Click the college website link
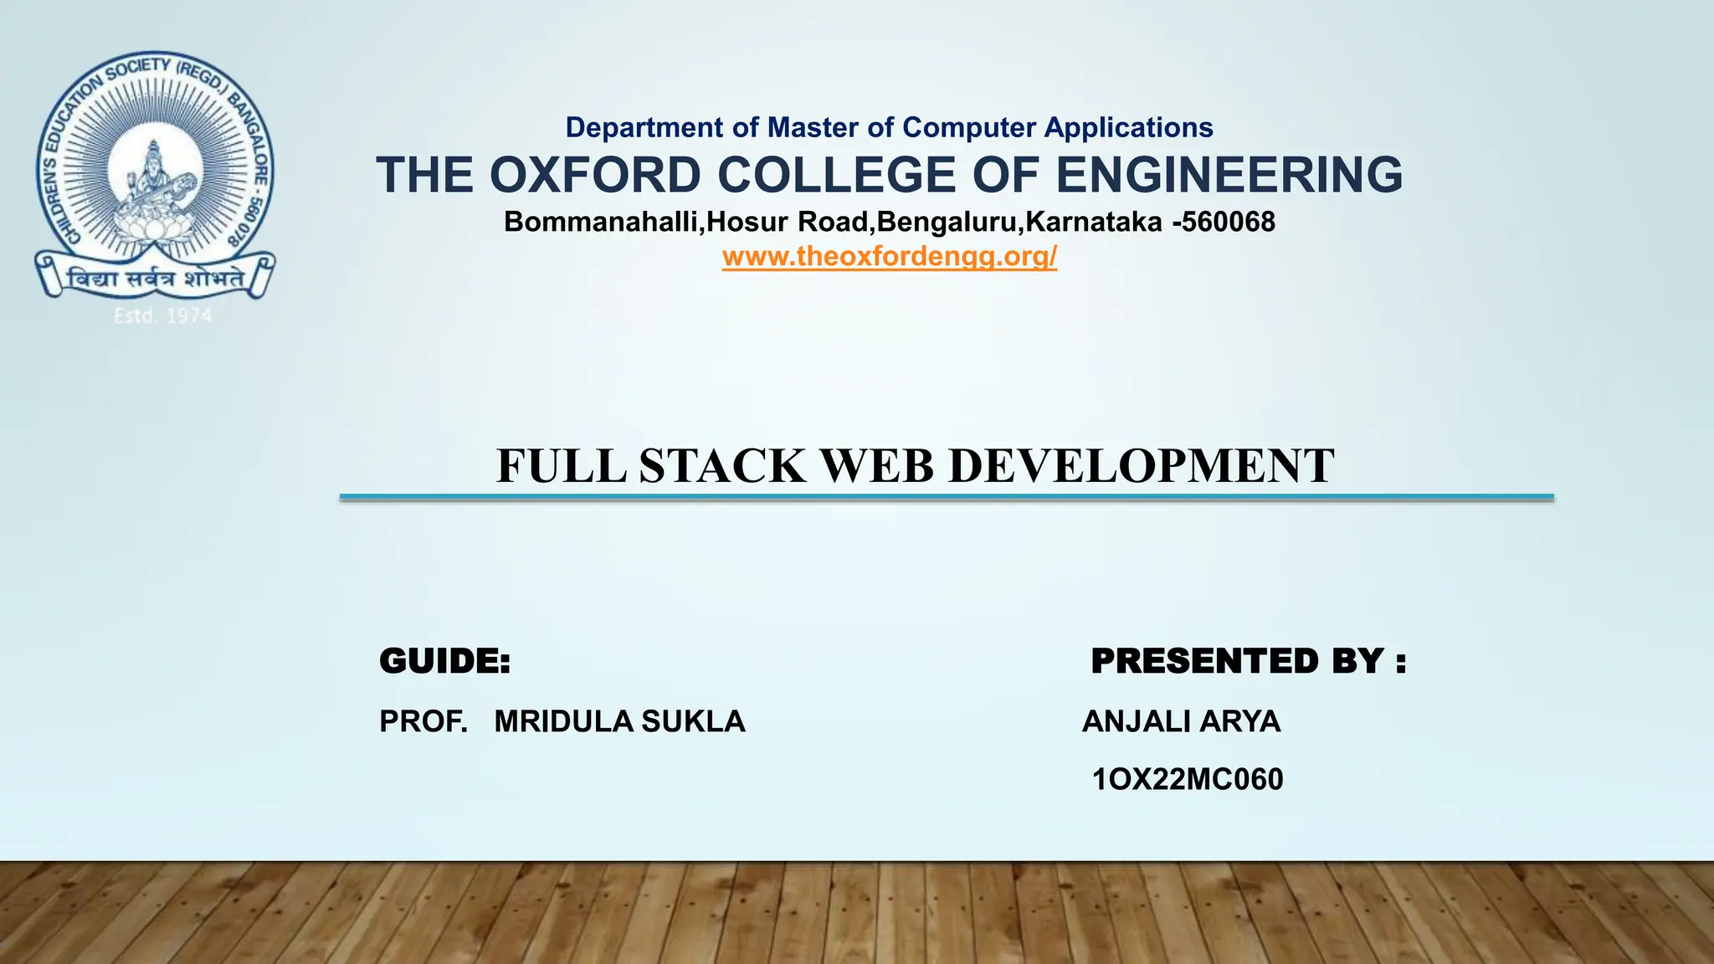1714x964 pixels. point(890,256)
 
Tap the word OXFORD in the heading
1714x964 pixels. point(594,175)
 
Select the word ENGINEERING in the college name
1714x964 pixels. point(1229,175)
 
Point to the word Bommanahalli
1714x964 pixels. point(602,222)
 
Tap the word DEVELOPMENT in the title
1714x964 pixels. point(1142,466)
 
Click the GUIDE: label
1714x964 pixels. point(444,661)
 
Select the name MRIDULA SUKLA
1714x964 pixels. point(619,721)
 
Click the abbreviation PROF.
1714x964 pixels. point(423,721)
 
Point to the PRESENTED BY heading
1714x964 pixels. point(1248,661)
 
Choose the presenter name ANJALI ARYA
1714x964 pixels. point(1181,721)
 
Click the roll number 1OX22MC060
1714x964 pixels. point(1188,780)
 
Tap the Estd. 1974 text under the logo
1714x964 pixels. point(163,316)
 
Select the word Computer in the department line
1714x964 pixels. point(970,127)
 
